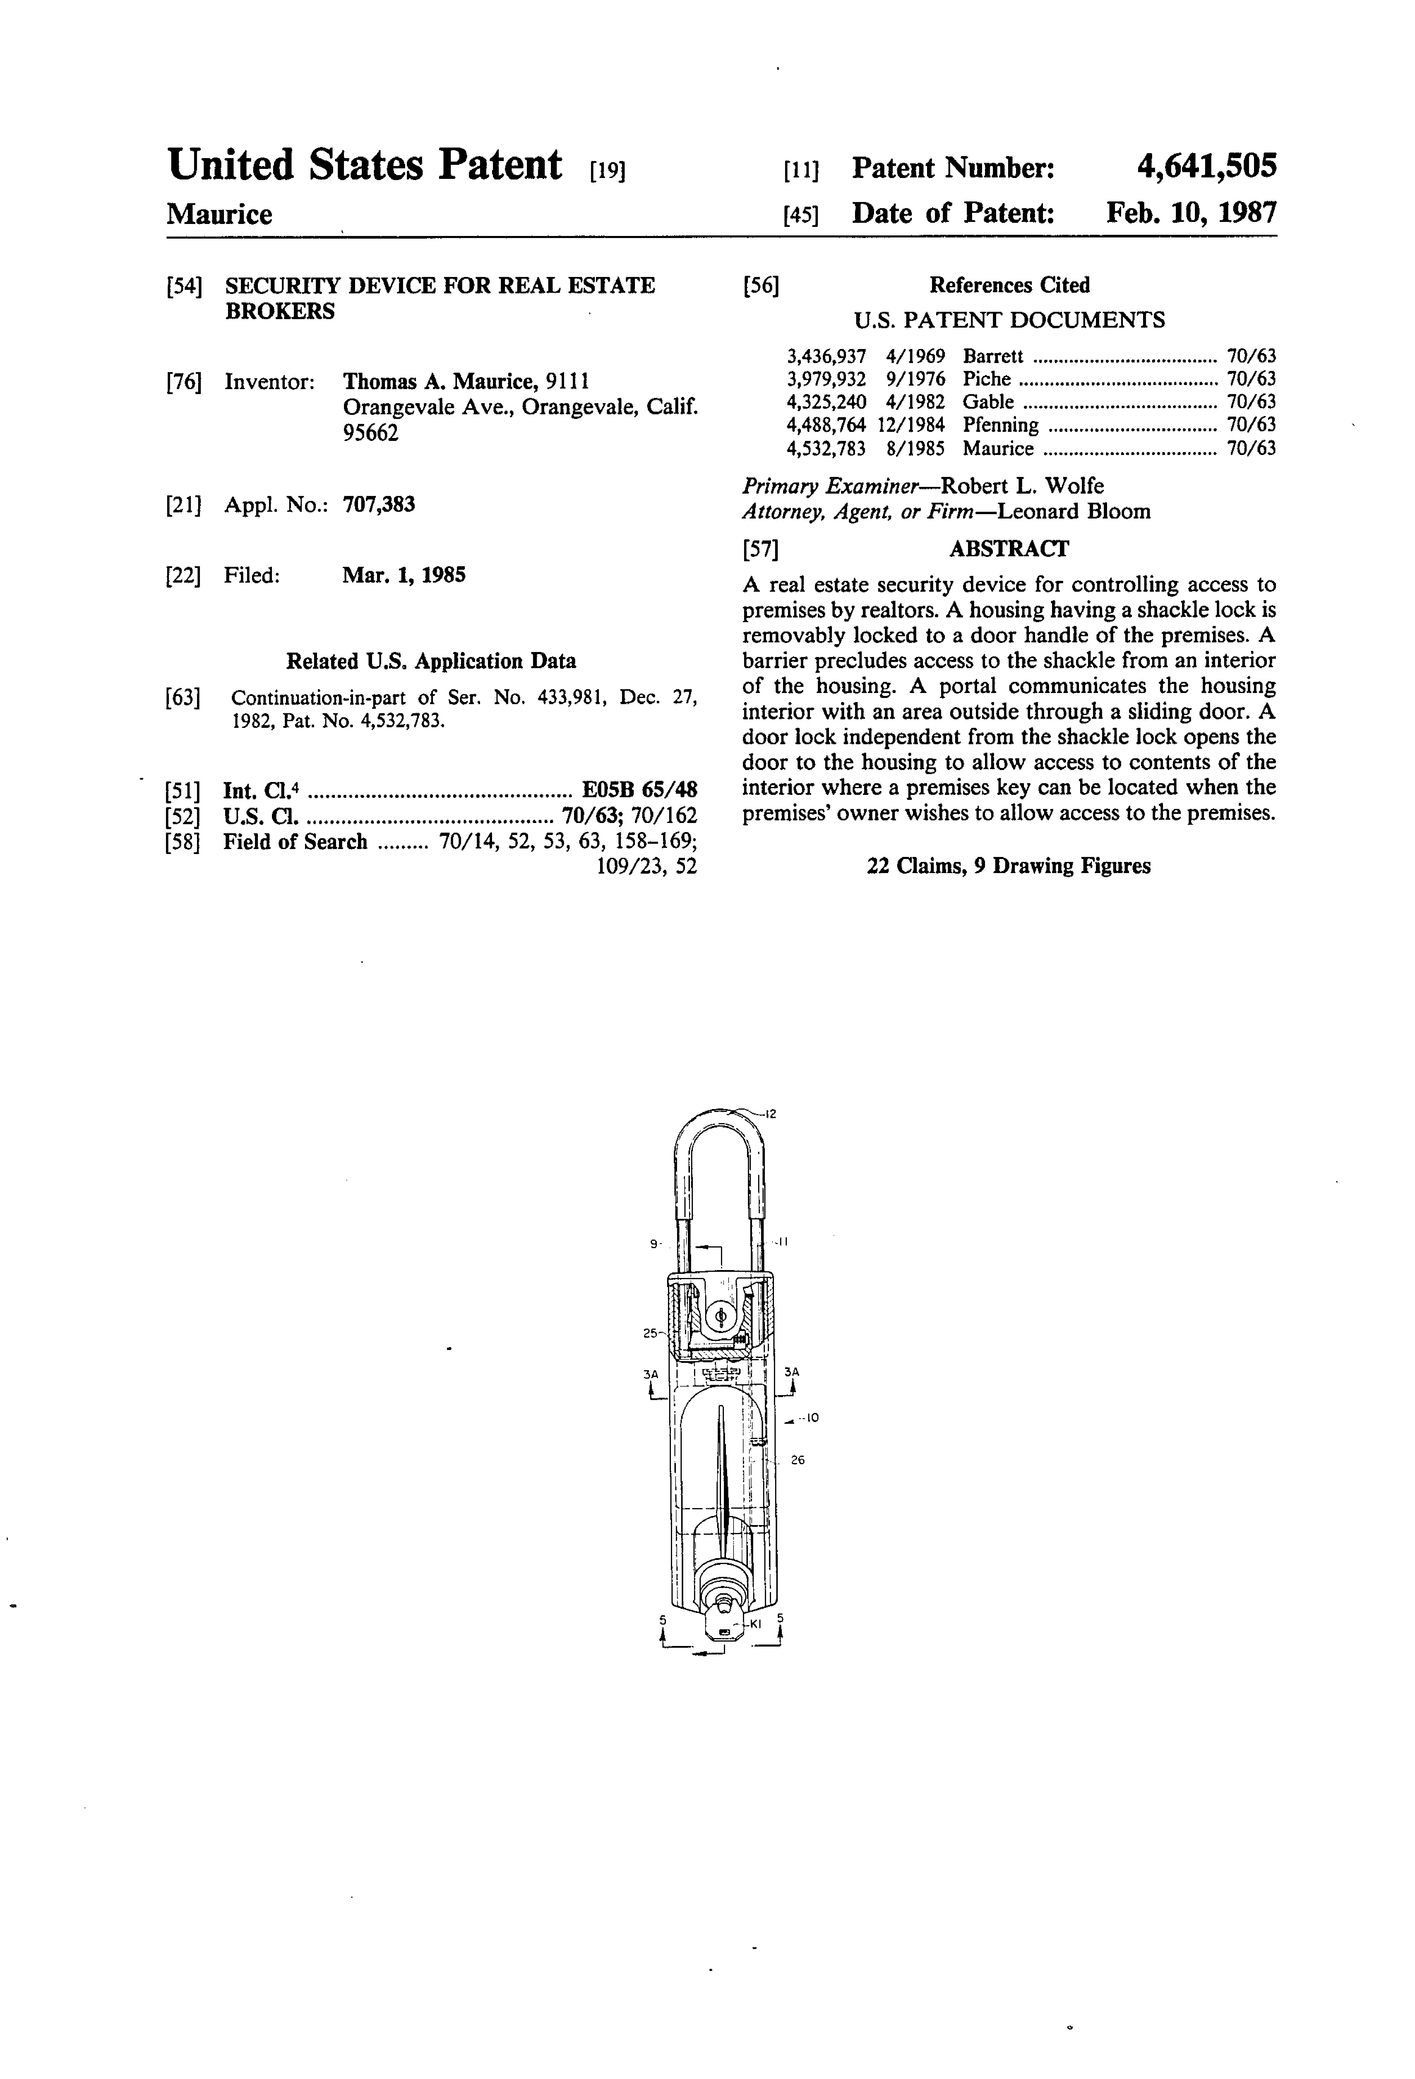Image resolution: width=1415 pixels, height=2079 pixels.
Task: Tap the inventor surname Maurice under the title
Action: point(219,215)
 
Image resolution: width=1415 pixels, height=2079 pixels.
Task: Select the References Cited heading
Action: point(1009,285)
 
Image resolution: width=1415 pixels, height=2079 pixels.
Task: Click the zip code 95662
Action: point(370,433)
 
